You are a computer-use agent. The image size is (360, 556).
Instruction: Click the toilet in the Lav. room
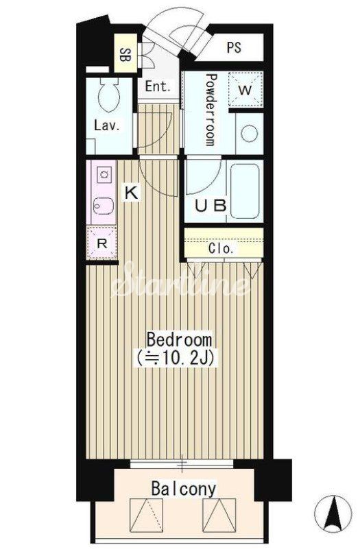point(109,95)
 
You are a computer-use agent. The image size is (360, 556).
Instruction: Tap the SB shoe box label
point(125,55)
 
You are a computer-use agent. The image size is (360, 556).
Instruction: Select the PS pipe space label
point(234,47)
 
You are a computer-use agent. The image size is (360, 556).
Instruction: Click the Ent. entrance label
point(158,86)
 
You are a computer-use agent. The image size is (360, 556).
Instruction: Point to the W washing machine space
point(245,89)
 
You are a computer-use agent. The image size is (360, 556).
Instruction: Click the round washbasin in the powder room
point(250,133)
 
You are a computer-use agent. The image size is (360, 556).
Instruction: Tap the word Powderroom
point(211,110)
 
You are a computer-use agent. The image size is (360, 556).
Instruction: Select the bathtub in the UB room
point(245,191)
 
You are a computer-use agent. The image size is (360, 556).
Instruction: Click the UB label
point(211,205)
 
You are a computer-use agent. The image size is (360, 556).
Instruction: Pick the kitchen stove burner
point(104,174)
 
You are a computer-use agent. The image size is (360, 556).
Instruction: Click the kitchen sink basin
point(104,205)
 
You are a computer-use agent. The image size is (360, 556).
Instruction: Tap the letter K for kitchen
point(131,193)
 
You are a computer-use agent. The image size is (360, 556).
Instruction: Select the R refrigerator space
point(102,243)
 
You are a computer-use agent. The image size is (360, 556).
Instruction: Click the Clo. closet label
point(221,249)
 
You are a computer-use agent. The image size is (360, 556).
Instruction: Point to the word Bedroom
point(179,339)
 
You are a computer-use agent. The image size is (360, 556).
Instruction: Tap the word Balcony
point(183,489)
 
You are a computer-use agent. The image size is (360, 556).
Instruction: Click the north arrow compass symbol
point(334,513)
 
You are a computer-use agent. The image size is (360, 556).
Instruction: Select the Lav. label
point(107,125)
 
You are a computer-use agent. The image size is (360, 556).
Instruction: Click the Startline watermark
point(180,282)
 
